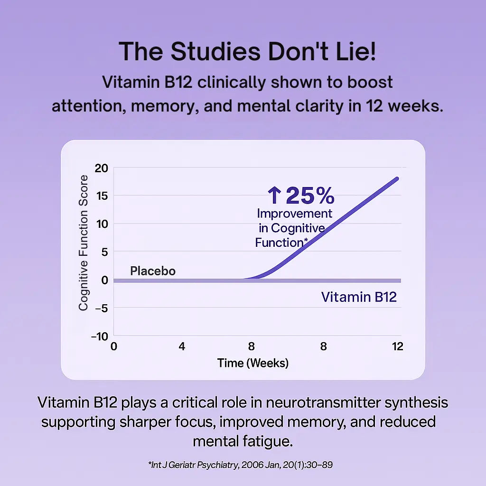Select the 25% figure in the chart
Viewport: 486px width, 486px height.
pyautogui.click(x=310, y=195)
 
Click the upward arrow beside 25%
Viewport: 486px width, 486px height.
pyautogui.click(x=274, y=195)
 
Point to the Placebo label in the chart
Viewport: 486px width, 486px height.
pyautogui.click(x=153, y=271)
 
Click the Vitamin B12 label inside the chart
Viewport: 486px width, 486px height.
pyautogui.click(x=359, y=297)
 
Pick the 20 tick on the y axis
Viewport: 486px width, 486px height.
pyautogui.click(x=101, y=168)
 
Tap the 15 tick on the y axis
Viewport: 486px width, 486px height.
pyautogui.click(x=101, y=196)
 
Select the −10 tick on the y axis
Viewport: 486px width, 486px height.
pyautogui.click(x=99, y=336)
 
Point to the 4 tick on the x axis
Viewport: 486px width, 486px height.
pyautogui.click(x=182, y=346)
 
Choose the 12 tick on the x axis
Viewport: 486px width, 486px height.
pyautogui.click(x=397, y=346)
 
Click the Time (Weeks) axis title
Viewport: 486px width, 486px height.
pyautogui.click(x=253, y=364)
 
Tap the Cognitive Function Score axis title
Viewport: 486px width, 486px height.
pyautogui.click(x=84, y=243)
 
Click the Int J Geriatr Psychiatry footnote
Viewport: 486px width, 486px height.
pyautogui.click(x=240, y=465)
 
